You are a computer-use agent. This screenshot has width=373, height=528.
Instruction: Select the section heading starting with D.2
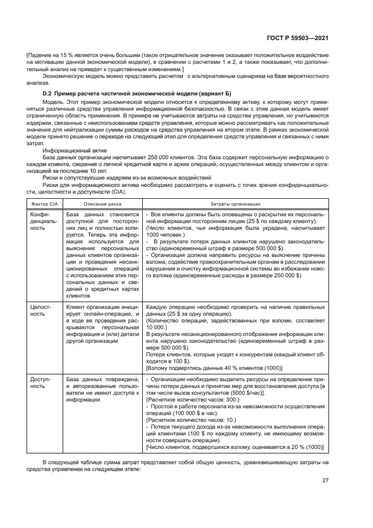(138, 93)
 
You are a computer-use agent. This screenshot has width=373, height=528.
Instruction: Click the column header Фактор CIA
(43, 203)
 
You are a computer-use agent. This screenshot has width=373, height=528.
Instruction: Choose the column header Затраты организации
(235, 203)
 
